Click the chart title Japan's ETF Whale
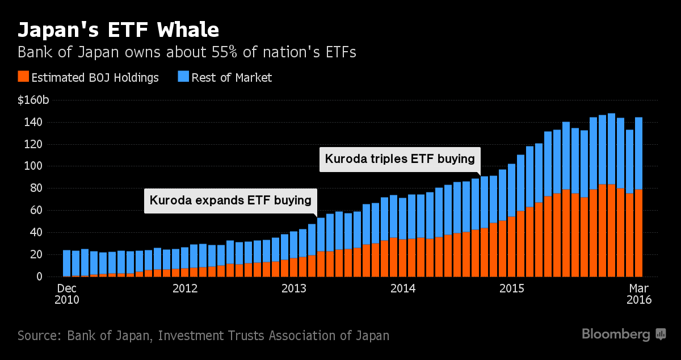pos(118,30)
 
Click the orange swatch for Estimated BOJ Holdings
pos(23,77)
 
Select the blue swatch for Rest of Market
pos(184,77)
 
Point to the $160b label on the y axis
pos(33,101)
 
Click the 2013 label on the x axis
pos(293,288)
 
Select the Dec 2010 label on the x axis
pos(66,294)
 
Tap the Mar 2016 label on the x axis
pos(638,294)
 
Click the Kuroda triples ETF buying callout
pos(400,159)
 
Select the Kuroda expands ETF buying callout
pos(230,200)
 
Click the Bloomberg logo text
pos(616,334)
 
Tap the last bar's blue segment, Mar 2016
pos(638,153)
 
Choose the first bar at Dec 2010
pos(66,263)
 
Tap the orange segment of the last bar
pos(638,233)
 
